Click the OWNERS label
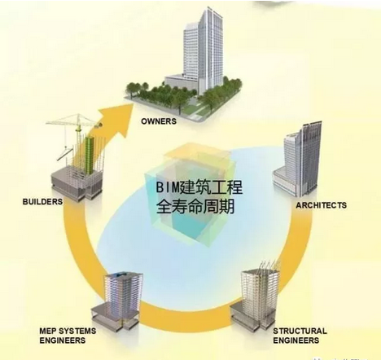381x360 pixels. click(x=159, y=121)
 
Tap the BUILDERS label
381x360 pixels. click(x=42, y=202)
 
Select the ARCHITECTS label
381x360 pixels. click(x=321, y=205)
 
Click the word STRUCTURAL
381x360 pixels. click(x=300, y=331)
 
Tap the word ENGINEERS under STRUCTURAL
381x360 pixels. click(x=296, y=340)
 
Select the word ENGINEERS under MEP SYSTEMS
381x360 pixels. click(x=63, y=340)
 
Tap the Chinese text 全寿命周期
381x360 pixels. click(x=195, y=207)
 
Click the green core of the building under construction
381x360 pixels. click(x=89, y=155)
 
